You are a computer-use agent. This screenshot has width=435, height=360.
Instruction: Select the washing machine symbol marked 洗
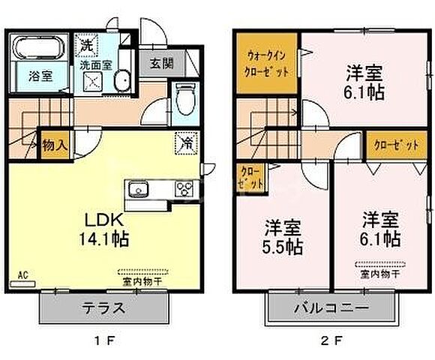coord(88,45)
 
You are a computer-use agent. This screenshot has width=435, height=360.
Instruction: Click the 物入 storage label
coord(53,145)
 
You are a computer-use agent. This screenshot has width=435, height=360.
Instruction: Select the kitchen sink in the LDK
coord(139,188)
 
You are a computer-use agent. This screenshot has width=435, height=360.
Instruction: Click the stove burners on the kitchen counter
coord(183,188)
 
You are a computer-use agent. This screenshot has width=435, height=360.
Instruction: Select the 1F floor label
coord(104,343)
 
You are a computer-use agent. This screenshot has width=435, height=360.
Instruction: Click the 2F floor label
coord(329,343)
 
